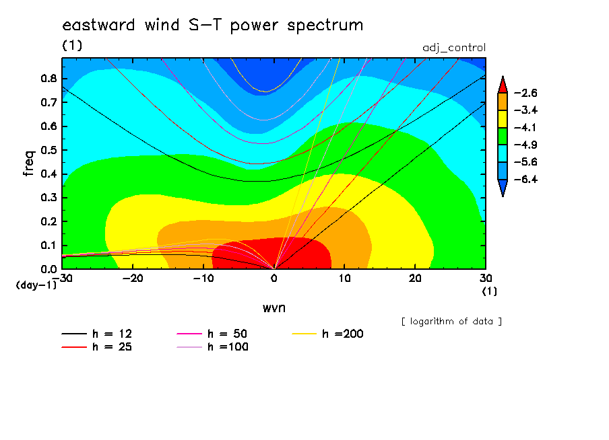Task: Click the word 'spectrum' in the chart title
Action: pos(325,26)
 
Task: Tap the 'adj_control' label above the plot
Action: pos(454,48)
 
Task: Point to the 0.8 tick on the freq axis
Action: pos(49,78)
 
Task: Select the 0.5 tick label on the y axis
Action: pos(49,150)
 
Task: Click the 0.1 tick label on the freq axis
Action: pos(49,246)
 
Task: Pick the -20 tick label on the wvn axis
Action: pos(133,279)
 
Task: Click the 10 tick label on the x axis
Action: pos(344,279)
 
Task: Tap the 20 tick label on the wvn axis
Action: pos(415,279)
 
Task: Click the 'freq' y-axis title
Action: pos(29,163)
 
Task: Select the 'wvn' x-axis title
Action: pos(274,308)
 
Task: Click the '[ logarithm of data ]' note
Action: pos(452,322)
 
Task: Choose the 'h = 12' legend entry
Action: pos(97,334)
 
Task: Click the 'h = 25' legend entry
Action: pos(97,347)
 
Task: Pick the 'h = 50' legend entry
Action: pos(212,334)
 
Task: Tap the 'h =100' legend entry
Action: pos(212,347)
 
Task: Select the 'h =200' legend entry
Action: pos(327,334)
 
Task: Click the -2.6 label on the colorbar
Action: pos(526,93)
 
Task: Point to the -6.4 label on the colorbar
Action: pos(526,179)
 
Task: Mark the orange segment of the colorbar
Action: pos(503,102)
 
